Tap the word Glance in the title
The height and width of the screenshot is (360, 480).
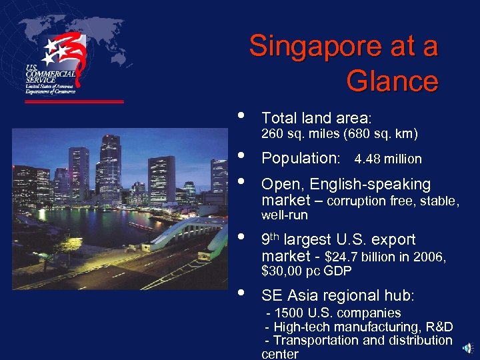[x=392, y=81]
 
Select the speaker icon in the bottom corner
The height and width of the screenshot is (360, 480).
[x=469, y=348]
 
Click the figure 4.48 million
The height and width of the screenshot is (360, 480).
[x=388, y=159]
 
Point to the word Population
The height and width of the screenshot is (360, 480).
[x=300, y=159]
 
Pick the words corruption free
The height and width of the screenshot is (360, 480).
[x=368, y=201]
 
